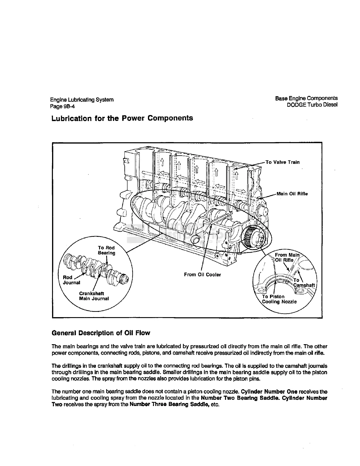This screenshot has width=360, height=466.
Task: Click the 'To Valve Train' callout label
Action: pos(282,162)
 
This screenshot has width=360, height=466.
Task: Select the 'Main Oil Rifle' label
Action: pos(292,194)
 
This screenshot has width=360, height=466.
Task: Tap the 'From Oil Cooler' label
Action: pos(202,274)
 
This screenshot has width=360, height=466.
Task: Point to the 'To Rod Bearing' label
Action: pos(106,250)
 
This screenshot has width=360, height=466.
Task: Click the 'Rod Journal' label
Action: pos(71,280)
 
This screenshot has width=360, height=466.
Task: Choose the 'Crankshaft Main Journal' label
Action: pos(94,296)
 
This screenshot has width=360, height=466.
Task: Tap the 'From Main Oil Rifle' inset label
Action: pos(286,257)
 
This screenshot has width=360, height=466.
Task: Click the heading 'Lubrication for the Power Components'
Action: pos(122,118)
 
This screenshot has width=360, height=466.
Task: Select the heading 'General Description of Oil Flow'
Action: pos(101,333)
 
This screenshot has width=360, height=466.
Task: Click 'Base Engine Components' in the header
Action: pos(306,98)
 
